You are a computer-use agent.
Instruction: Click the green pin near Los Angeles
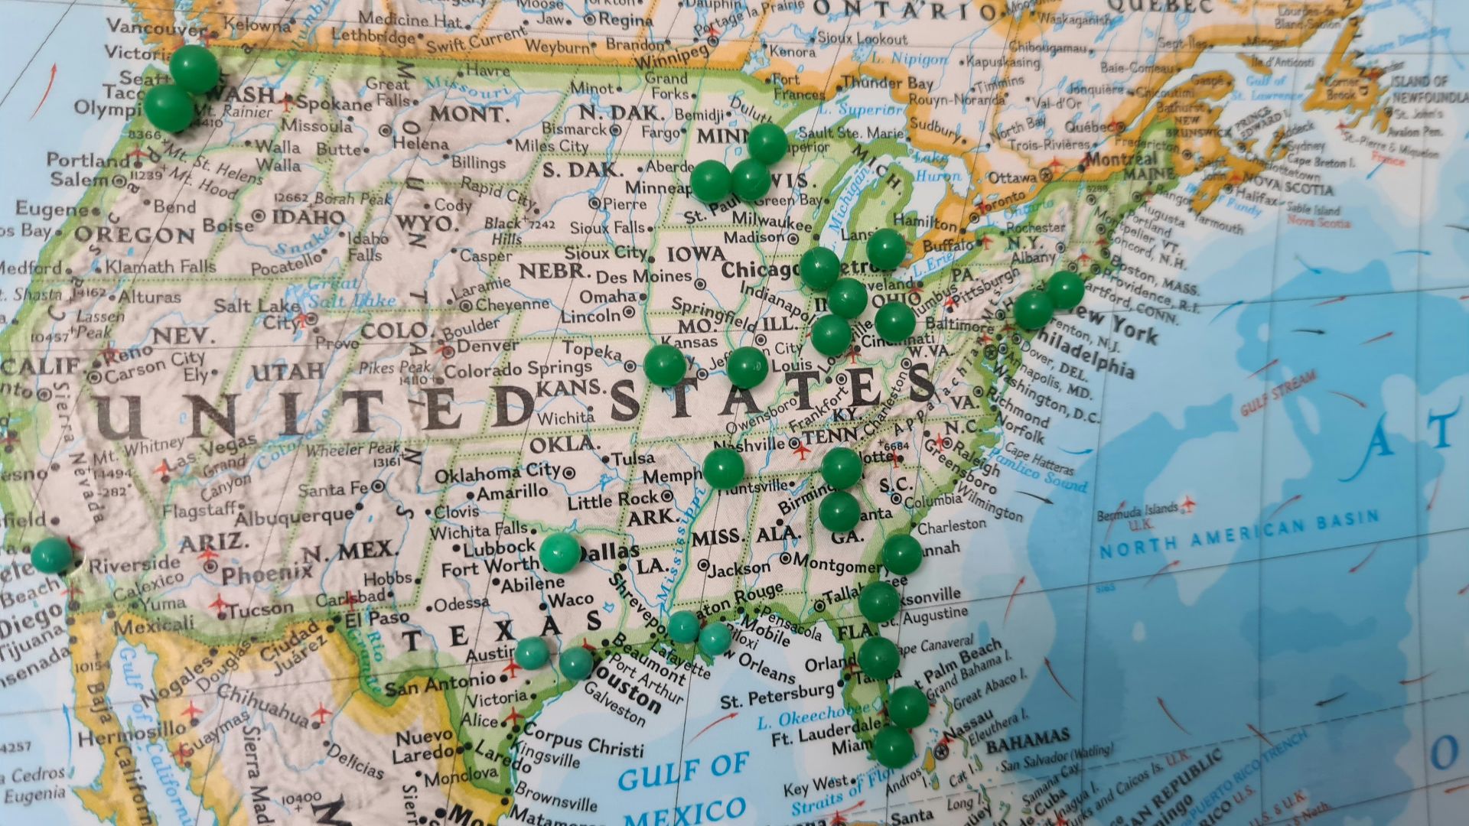coord(51,555)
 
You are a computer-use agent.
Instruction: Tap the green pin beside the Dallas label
coord(560,553)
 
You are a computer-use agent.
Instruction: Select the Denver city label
coord(487,346)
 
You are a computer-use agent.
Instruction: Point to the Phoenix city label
coord(267,574)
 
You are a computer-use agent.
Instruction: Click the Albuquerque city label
coord(294,517)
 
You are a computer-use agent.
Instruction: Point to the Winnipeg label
coord(671,56)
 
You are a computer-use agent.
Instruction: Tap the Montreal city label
coord(1121,160)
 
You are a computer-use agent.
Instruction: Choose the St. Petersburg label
coord(777,695)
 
